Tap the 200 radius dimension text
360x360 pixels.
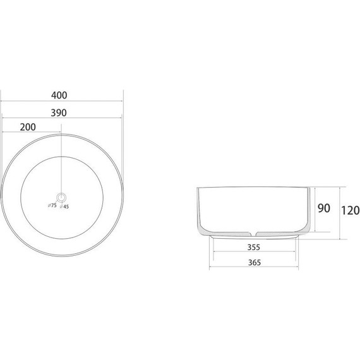tap(28, 127)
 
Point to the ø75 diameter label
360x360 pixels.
tap(52, 205)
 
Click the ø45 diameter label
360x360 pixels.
tap(65, 205)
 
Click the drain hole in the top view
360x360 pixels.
tap(61, 196)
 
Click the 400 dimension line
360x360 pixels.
tap(88, 102)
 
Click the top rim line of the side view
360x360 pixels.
tap(253, 188)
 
